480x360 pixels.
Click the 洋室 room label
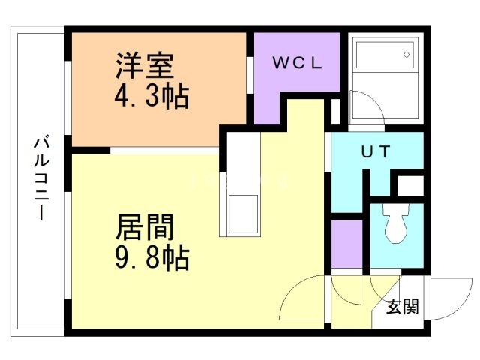[145, 65]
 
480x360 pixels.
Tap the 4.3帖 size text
[151, 96]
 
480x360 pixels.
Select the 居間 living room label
[145, 226]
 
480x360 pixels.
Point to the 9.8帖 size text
[152, 257]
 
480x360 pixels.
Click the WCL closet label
[297, 63]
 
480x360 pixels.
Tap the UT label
[376, 151]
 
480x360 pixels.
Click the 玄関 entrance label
[402, 306]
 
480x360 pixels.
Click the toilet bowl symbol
[396, 223]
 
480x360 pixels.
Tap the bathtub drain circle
[406, 55]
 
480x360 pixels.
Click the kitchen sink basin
[243, 214]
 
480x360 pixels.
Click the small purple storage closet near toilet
[347, 244]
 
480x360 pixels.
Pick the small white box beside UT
[410, 186]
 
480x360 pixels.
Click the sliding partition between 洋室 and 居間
[165, 151]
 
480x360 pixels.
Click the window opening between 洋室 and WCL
[250, 75]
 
